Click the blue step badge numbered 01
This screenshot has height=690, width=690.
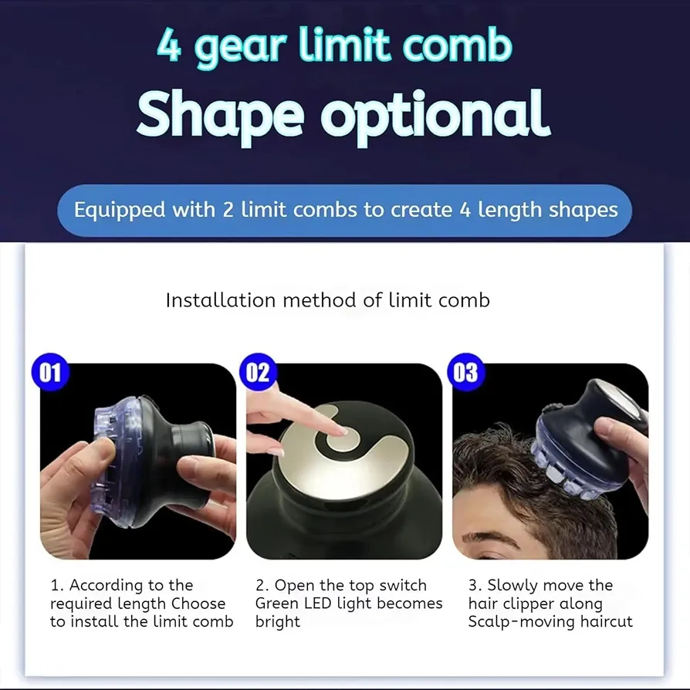(50, 372)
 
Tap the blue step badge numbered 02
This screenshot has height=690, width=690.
(258, 372)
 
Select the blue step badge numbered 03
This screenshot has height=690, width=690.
(465, 372)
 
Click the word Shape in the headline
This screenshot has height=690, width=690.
(220, 115)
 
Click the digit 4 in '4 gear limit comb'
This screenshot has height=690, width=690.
(169, 45)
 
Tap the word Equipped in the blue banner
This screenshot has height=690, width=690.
(120, 211)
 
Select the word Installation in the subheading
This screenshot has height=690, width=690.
(221, 300)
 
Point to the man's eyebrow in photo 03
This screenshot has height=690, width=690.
(488, 539)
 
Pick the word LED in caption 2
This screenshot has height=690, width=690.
(315, 603)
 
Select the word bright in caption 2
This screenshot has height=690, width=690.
(278, 622)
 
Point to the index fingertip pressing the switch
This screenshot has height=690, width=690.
(340, 430)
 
